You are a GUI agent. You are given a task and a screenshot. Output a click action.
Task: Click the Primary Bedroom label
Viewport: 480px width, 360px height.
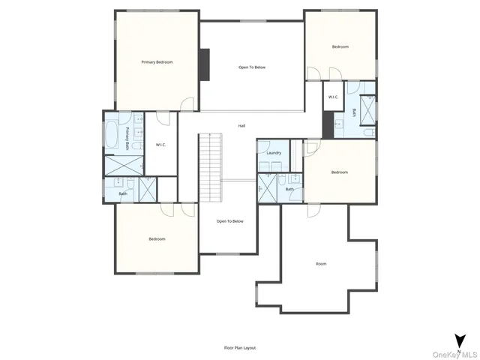[157, 62]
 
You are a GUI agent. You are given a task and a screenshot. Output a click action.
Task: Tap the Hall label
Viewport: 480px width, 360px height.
[241, 126]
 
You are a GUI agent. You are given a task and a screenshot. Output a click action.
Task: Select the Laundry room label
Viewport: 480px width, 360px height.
[274, 153]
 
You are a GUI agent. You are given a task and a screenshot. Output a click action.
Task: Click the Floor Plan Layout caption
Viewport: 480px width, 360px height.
[240, 348]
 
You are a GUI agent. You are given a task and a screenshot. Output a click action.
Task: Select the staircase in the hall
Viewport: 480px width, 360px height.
[211, 166]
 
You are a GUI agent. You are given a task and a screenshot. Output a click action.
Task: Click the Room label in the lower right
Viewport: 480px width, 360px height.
[321, 264]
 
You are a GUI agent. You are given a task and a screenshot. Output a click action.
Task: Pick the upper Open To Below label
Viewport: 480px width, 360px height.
[252, 67]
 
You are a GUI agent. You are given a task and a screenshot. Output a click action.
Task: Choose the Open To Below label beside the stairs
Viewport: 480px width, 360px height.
[230, 221]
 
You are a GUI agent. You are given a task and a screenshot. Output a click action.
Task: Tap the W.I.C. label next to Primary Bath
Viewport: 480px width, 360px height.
[160, 145]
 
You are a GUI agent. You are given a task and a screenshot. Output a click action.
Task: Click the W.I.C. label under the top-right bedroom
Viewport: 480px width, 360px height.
[333, 97]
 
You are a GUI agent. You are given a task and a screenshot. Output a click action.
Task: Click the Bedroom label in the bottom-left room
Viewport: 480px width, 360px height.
[157, 239]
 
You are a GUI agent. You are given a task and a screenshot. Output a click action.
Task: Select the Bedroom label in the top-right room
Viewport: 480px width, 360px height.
[340, 47]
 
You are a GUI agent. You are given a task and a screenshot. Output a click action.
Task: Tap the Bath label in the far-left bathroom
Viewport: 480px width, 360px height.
[122, 194]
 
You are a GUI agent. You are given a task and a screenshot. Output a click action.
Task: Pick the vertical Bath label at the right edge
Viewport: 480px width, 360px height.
[355, 113]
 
